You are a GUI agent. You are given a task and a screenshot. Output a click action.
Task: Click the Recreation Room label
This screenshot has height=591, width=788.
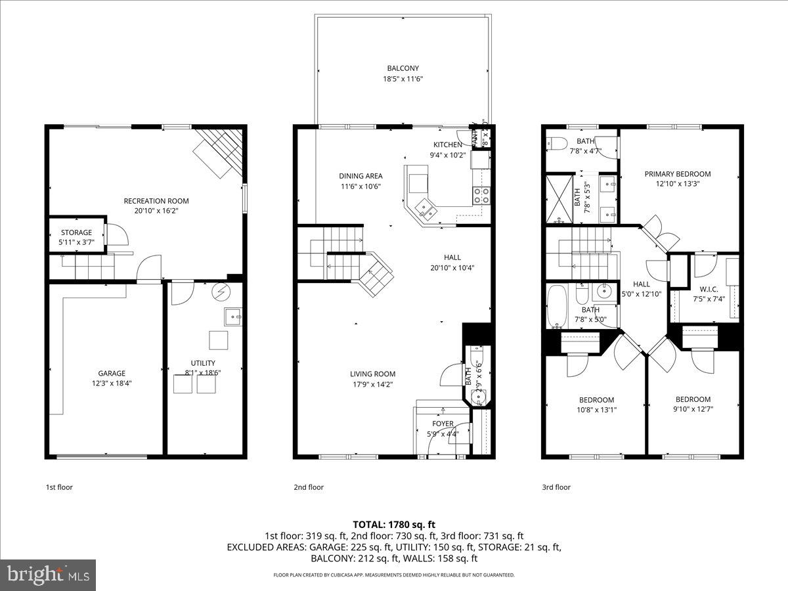click(x=156, y=201)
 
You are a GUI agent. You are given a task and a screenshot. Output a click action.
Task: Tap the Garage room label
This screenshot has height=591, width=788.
click(x=112, y=373)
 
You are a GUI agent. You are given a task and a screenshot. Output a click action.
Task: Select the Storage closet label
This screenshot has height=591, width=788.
click(x=76, y=232)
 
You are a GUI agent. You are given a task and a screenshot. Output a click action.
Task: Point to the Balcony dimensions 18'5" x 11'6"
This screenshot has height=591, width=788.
click(x=403, y=79)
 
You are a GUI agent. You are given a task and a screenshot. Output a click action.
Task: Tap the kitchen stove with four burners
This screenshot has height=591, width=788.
click(x=481, y=194)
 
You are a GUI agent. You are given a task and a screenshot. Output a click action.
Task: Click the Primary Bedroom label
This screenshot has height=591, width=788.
click(x=677, y=174)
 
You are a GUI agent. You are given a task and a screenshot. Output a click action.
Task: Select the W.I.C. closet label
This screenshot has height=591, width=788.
click(x=709, y=288)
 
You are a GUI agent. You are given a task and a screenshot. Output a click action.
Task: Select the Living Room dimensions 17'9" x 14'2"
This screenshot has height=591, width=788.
click(x=372, y=385)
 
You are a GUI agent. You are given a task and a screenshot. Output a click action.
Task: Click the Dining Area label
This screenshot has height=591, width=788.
click(x=361, y=176)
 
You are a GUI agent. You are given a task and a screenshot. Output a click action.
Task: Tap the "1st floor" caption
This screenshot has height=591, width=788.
click(x=59, y=487)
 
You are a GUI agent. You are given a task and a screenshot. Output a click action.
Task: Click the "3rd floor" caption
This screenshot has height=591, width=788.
click(x=556, y=487)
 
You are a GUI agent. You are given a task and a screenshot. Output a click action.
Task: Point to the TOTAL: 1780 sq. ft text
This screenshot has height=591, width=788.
click(x=394, y=524)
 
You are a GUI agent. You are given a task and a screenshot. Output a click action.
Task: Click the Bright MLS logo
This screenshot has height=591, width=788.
click(x=49, y=575)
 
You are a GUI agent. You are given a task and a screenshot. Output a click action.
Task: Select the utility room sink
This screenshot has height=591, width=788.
click(x=233, y=317)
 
